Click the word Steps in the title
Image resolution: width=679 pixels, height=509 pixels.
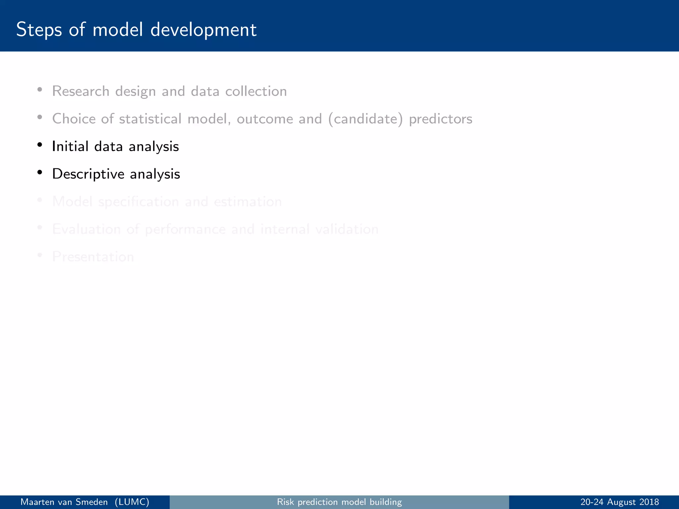tap(39, 30)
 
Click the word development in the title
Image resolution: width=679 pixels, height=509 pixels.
tap(203, 30)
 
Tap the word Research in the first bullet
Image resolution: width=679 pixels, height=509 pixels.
tap(81, 91)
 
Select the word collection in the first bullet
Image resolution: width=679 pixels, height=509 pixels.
tap(256, 91)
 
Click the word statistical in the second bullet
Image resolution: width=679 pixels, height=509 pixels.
tap(150, 119)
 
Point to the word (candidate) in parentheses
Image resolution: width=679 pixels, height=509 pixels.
tap(365, 119)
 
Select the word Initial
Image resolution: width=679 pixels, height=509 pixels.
tap(70, 146)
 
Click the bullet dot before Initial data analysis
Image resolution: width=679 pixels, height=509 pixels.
tap(40, 145)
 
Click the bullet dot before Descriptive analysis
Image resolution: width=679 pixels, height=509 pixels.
tap(40, 172)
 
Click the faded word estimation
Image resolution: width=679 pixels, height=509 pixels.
tap(248, 202)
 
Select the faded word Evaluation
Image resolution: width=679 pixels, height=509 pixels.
tap(86, 229)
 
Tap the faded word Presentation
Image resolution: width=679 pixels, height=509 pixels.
tap(93, 257)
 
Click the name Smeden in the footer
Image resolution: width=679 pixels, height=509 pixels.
tap(92, 502)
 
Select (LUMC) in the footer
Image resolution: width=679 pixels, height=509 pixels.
tap(132, 502)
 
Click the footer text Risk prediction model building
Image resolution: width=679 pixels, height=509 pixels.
tap(339, 502)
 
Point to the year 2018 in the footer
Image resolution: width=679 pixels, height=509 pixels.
tap(649, 502)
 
